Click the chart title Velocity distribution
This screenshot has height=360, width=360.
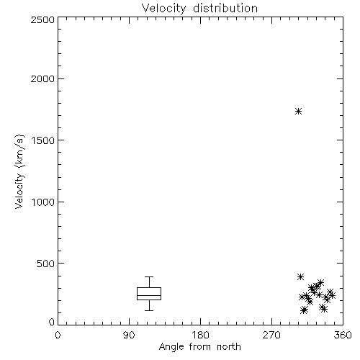point(199,9)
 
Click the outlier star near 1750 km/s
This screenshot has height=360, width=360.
point(298,112)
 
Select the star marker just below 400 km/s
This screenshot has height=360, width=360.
point(300,276)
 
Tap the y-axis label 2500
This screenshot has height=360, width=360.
point(42,19)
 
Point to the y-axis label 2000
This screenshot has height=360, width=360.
point(42,78)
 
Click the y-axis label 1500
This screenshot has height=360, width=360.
point(43,140)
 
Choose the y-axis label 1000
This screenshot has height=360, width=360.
point(43,202)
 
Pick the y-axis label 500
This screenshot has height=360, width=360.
point(46,264)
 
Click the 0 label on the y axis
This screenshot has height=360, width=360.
point(52,322)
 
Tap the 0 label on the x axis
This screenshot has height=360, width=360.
point(58,335)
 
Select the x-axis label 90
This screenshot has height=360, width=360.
point(129,335)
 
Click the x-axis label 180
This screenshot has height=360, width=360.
point(200,335)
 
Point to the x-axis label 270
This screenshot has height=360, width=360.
point(271,335)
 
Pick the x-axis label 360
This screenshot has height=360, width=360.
point(343,335)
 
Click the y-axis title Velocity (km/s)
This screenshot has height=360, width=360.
point(19,171)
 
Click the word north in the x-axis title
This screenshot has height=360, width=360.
point(229,347)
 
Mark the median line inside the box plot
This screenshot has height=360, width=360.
point(149,295)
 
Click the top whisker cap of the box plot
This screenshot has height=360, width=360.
point(149,276)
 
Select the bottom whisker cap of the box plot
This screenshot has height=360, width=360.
point(149,310)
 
